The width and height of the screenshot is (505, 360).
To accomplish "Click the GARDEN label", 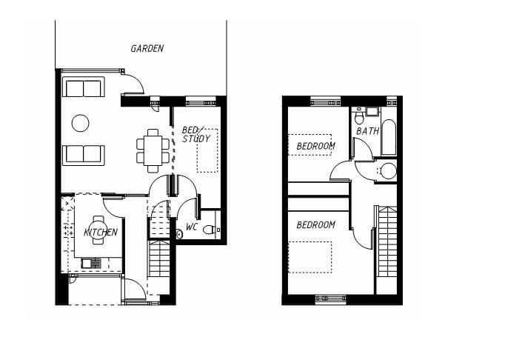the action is (x=147, y=49).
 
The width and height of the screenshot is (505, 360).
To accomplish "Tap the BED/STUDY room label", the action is (x=195, y=134).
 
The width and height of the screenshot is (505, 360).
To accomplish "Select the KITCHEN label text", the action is (x=101, y=233).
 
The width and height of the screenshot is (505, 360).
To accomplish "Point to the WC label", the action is (x=192, y=227).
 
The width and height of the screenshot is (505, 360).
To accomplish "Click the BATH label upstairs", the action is (x=367, y=131).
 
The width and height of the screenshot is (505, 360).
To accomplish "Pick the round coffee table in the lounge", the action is (x=80, y=123).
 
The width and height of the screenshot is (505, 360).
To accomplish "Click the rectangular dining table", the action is (x=153, y=150).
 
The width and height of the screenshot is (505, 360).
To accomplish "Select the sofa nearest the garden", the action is (x=84, y=87).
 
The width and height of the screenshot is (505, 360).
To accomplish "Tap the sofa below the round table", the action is (x=84, y=155).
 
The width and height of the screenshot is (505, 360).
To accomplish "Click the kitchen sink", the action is (x=91, y=264).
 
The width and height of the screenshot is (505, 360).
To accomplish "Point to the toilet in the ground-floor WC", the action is (x=212, y=230).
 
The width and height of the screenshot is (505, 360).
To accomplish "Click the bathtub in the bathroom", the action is (x=389, y=138).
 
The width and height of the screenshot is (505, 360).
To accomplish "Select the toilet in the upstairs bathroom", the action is (x=359, y=116).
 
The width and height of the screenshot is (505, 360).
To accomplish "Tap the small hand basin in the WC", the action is (x=179, y=234).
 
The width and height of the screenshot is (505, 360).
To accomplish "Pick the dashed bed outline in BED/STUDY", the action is (x=207, y=150).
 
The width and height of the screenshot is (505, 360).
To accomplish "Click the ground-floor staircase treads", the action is (x=159, y=258).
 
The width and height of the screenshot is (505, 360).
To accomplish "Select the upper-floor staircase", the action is (x=387, y=241).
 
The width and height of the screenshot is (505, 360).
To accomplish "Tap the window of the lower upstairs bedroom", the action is (x=330, y=299).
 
